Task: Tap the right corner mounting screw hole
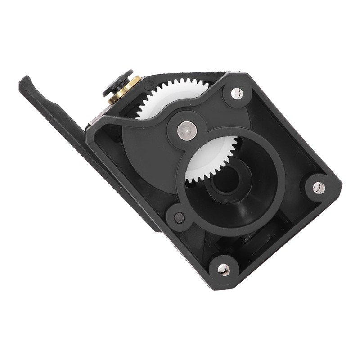[319, 188]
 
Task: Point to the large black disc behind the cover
[144, 148]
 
